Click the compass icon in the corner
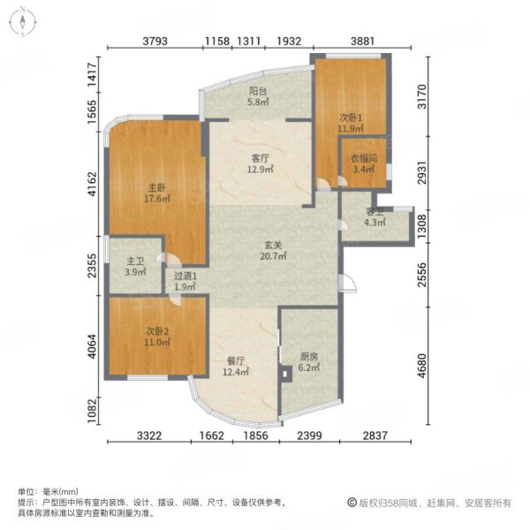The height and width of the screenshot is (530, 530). [23, 23]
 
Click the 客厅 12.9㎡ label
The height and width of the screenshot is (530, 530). [260, 164]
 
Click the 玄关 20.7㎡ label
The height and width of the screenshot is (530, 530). [273, 251]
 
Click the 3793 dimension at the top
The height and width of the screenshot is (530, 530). [155, 41]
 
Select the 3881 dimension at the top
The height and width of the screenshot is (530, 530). [362, 41]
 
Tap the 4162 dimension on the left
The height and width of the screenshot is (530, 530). [92, 184]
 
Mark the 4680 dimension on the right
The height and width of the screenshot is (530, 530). [422, 366]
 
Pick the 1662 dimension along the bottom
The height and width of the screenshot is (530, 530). [212, 435]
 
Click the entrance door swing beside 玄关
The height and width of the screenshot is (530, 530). [347, 283]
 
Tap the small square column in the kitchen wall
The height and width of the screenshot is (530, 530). [285, 374]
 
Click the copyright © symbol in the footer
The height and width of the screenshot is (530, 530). [352, 503]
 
